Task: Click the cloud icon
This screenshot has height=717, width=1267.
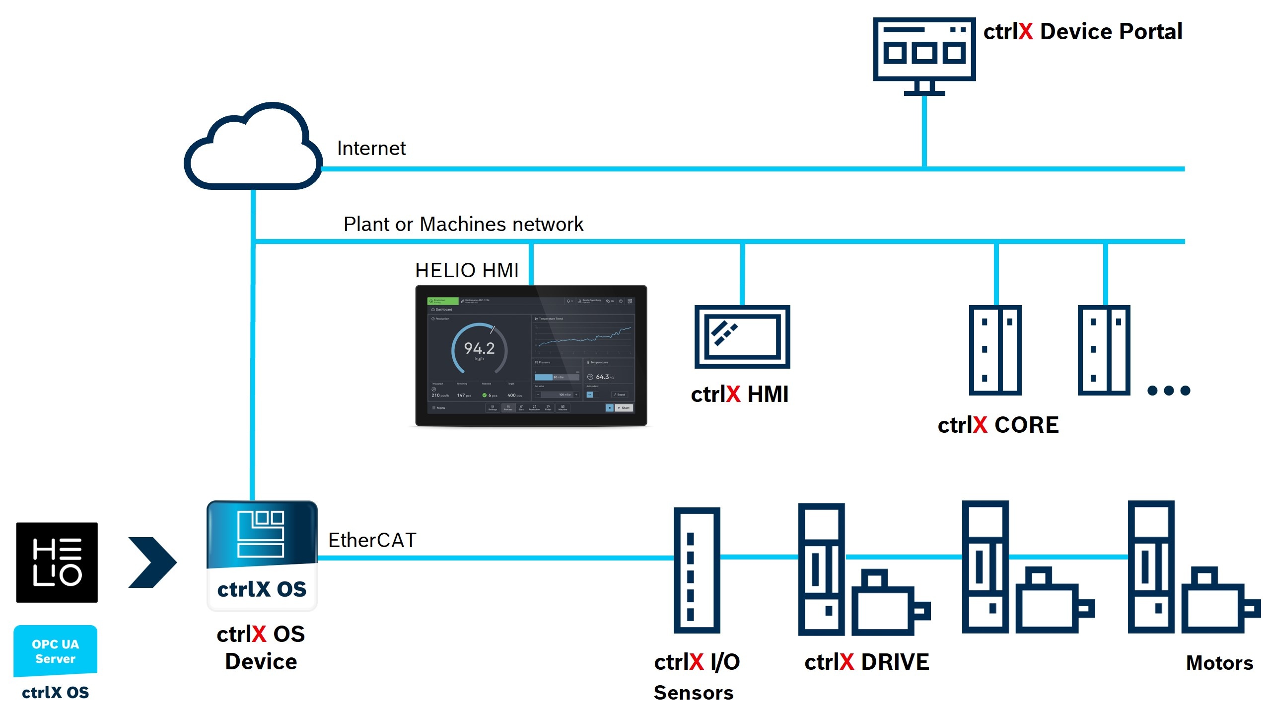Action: pyautogui.click(x=253, y=149)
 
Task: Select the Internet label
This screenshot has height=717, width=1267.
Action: pyautogui.click(x=371, y=148)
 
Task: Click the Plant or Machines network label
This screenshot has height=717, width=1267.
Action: pyautogui.click(x=463, y=224)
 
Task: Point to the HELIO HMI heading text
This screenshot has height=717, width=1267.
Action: pyautogui.click(x=467, y=270)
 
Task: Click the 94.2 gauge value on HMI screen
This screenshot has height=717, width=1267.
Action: pyautogui.click(x=479, y=348)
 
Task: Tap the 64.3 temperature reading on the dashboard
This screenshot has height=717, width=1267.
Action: pyautogui.click(x=602, y=377)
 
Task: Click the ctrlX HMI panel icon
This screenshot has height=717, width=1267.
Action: pyautogui.click(x=742, y=337)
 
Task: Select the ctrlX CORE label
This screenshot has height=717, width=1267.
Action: pyautogui.click(x=998, y=425)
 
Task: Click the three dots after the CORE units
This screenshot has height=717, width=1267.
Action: pyautogui.click(x=1169, y=391)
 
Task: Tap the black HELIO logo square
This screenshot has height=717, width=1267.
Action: pyautogui.click(x=57, y=562)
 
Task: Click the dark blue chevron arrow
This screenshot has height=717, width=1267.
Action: pyautogui.click(x=152, y=562)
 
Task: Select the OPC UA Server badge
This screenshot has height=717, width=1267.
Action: pyautogui.click(x=55, y=651)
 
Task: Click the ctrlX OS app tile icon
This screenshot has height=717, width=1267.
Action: pyautogui.click(x=262, y=555)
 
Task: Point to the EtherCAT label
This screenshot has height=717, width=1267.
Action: pyautogui.click(x=372, y=540)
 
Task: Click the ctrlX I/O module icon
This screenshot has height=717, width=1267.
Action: pyautogui.click(x=696, y=570)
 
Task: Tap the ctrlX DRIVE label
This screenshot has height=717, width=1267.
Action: pyautogui.click(x=866, y=662)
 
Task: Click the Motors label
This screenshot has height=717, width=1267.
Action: pyautogui.click(x=1219, y=663)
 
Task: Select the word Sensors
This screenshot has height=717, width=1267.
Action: pyautogui.click(x=693, y=693)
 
